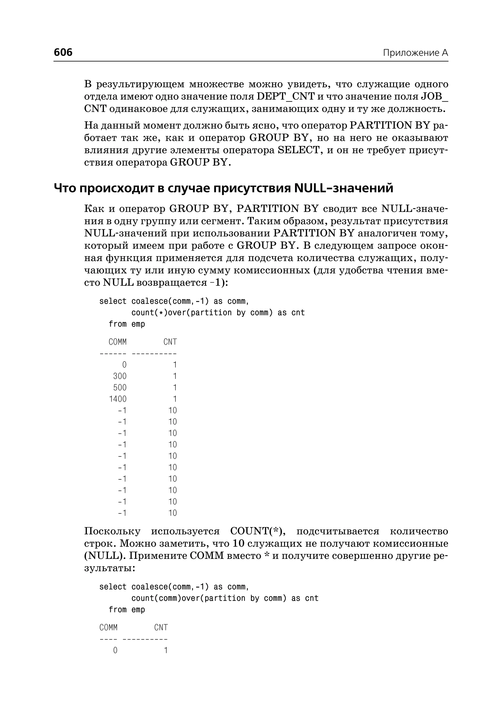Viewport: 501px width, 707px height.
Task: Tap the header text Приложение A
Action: click(415, 53)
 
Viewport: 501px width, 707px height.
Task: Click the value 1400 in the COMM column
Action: click(117, 399)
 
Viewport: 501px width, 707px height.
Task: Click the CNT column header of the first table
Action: click(170, 342)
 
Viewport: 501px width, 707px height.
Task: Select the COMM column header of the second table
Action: click(108, 628)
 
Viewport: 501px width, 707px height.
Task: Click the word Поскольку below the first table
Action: click(112, 531)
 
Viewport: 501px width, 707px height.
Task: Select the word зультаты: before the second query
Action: click(110, 568)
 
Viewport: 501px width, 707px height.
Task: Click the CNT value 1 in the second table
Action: click(166, 650)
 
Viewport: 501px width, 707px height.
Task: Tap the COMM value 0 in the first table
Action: click(124, 365)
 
